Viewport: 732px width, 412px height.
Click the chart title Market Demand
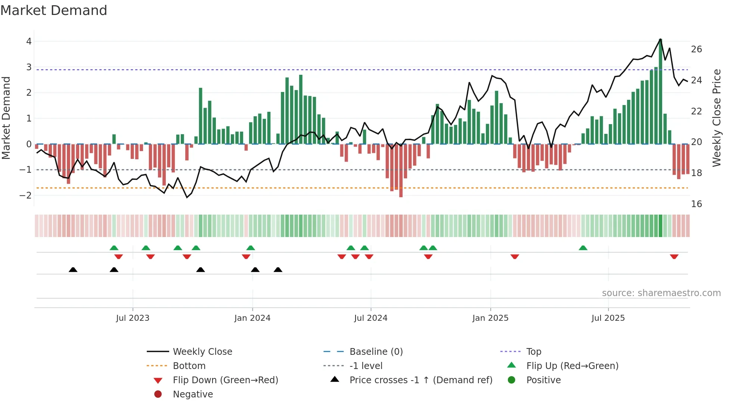(54, 10)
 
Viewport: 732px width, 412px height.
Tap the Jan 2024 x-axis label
(252, 318)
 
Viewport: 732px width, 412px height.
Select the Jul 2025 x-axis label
(608, 318)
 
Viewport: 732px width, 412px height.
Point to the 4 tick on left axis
(29, 41)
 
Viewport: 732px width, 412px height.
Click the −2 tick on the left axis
(26, 196)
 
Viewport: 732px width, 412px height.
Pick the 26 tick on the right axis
(696, 49)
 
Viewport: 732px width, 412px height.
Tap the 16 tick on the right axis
(696, 204)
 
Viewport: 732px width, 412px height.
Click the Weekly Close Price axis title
(716, 118)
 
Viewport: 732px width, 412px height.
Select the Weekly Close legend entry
(202, 352)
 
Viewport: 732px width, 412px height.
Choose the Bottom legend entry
(189, 366)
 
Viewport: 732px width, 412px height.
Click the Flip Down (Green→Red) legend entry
(225, 380)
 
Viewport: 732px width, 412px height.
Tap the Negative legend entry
(193, 394)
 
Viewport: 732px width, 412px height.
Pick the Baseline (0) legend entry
(376, 352)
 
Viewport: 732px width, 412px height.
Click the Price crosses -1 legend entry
(421, 380)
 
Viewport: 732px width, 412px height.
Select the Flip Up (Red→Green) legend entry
(572, 366)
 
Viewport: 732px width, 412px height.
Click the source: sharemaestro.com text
(661, 293)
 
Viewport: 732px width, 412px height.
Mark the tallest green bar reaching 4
(660, 92)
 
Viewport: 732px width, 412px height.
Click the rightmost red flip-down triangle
(674, 257)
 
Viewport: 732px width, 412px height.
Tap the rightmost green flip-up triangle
(583, 248)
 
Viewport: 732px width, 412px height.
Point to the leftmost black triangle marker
(73, 270)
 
